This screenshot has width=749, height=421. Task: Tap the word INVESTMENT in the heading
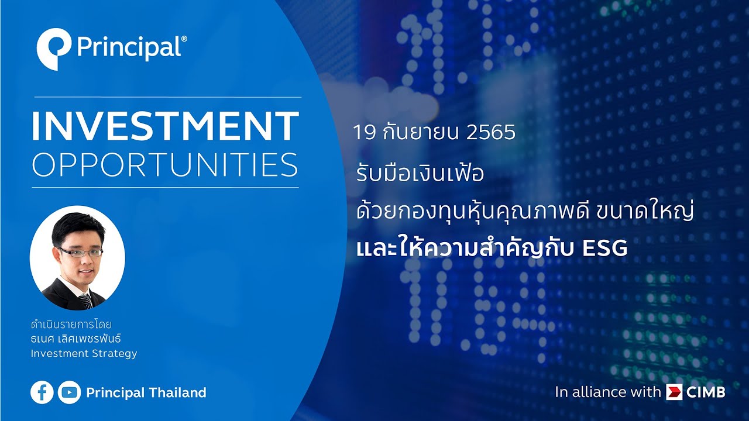tap(164, 126)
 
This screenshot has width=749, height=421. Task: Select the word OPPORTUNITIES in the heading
tap(164, 165)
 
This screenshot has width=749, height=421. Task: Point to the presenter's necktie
tap(85, 300)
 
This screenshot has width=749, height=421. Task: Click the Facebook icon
tap(42, 392)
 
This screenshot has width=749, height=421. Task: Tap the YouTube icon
tap(70, 392)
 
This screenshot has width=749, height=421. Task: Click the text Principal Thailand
tap(146, 393)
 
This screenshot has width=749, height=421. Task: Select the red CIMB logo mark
tap(674, 392)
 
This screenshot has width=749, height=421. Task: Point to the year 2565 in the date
tap(491, 132)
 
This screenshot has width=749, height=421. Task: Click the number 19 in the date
tap(363, 132)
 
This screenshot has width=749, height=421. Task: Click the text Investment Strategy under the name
tap(84, 353)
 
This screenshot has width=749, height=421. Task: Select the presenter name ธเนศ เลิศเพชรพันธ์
tap(78, 339)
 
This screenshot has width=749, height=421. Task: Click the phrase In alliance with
tap(607, 392)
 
